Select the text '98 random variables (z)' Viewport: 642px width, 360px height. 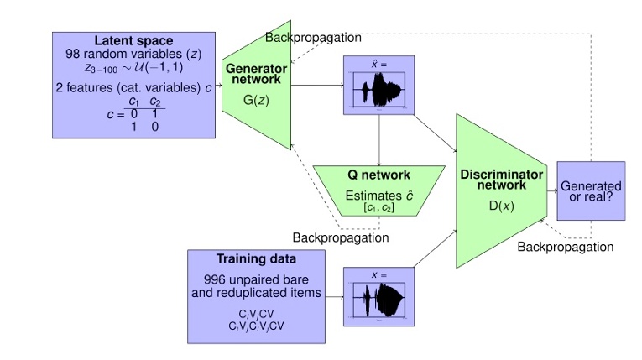coord(133,55)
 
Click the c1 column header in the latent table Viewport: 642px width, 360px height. coord(133,102)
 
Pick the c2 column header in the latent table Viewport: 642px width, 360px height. coord(154,102)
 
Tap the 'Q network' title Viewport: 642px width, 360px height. coord(378,175)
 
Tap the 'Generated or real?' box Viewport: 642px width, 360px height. coord(591,191)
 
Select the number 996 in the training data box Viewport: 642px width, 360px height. coord(215,279)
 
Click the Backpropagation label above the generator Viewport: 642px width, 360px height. coord(313,38)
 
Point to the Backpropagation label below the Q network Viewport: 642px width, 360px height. coord(341,237)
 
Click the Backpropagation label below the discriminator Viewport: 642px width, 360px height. coord(565,247)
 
